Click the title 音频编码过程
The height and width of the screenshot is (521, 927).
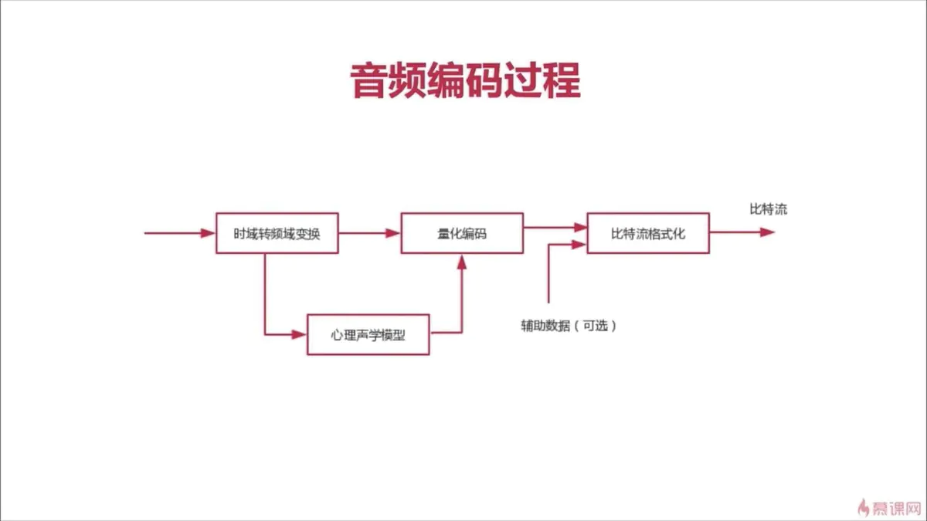click(465, 80)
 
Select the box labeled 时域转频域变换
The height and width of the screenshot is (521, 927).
click(277, 233)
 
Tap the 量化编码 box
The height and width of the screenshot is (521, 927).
click(462, 233)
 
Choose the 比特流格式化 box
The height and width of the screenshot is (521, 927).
click(648, 233)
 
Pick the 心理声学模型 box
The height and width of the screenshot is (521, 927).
click(368, 335)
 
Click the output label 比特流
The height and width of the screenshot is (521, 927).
click(768, 209)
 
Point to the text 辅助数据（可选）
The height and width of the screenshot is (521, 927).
click(569, 326)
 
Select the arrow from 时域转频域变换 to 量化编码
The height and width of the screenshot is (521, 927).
click(370, 232)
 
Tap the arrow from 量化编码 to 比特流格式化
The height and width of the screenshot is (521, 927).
click(555, 227)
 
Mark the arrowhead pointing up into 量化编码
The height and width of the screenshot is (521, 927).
click(462, 262)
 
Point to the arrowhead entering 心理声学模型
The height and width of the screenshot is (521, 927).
click(300, 334)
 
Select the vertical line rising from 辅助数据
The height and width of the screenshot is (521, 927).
click(548, 274)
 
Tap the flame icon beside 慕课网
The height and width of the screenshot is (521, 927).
click(864, 507)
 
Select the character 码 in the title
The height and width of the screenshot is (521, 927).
click(484, 80)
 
